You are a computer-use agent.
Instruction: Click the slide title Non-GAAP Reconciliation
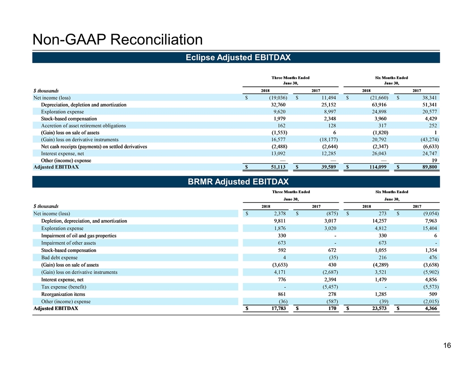point(117,40)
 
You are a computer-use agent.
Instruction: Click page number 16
point(447,345)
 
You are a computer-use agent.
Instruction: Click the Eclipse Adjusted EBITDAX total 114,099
point(378,167)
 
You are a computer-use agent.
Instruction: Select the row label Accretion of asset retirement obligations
point(83,126)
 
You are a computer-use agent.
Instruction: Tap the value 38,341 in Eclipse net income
point(427,98)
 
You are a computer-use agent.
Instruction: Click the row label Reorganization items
point(63,294)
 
